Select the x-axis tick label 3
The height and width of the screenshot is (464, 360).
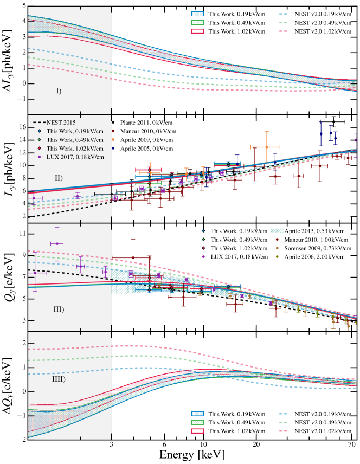coord(112,441)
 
